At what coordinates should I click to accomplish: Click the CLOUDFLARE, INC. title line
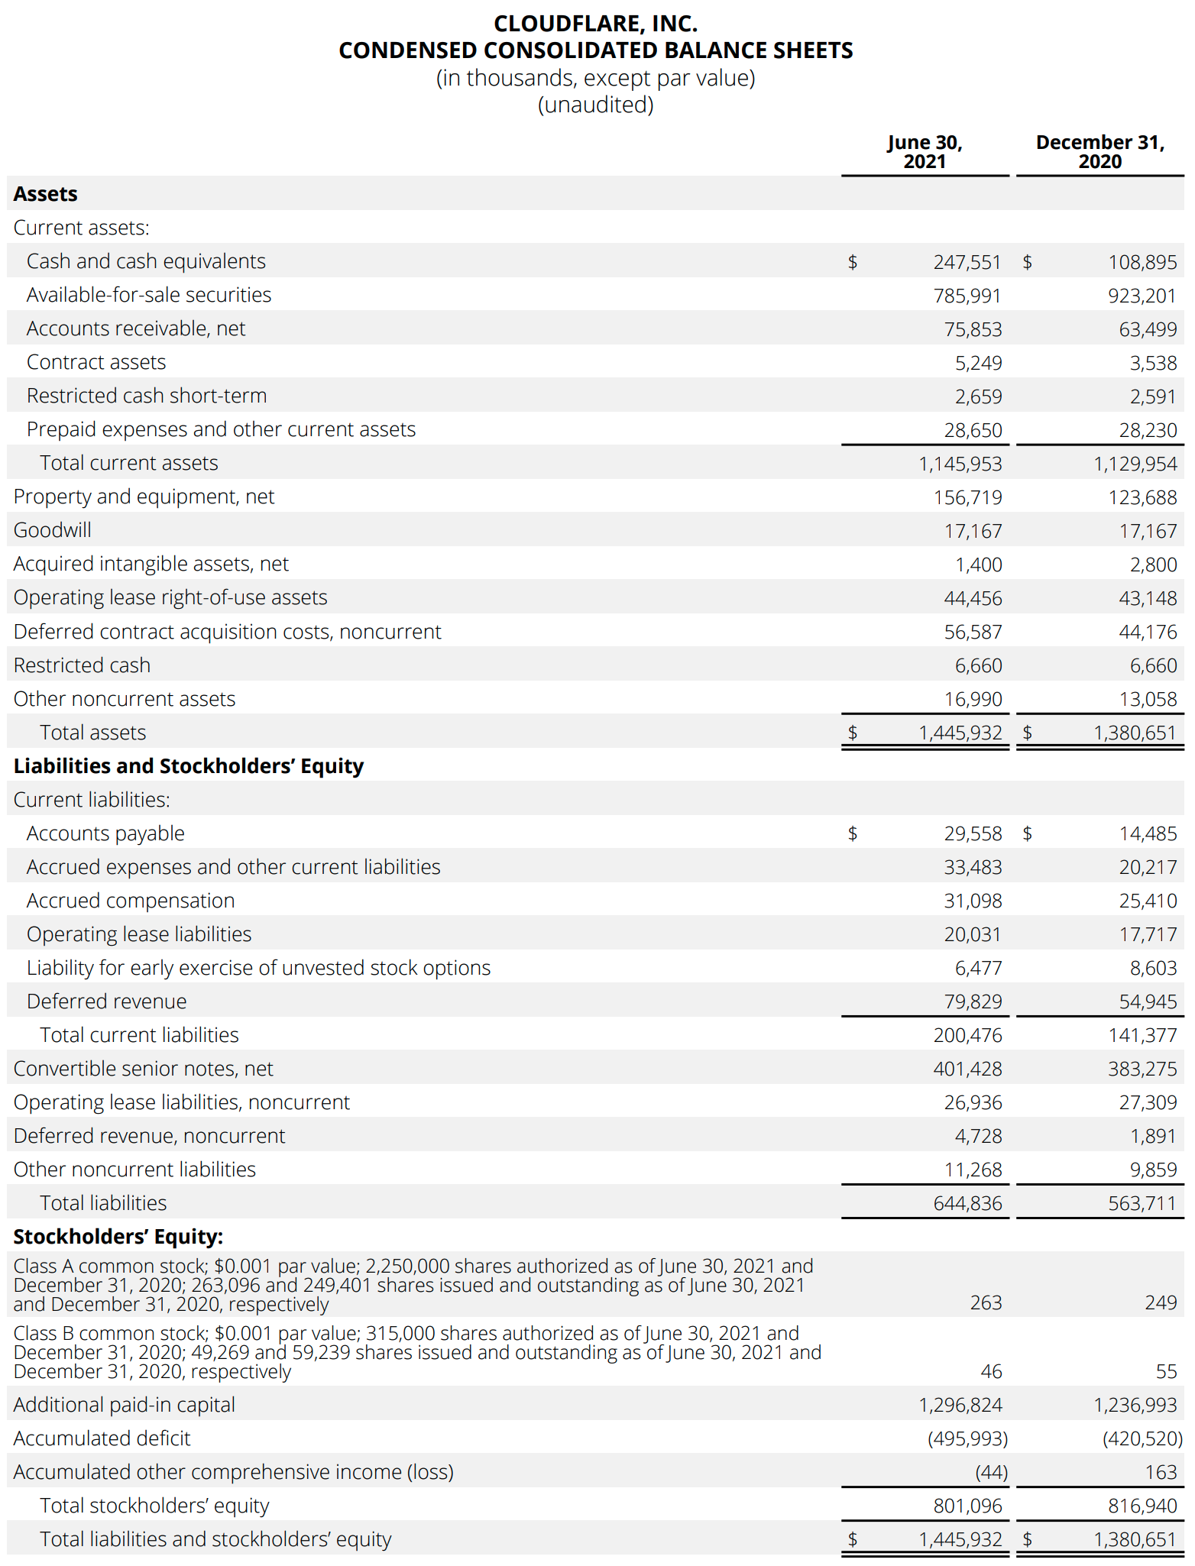[595, 24]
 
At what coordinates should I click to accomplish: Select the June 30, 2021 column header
[925, 152]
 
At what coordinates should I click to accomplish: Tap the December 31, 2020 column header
[1099, 152]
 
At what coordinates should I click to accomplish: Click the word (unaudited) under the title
[595, 105]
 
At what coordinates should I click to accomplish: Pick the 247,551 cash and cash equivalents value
[967, 262]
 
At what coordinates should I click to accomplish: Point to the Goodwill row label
[52, 530]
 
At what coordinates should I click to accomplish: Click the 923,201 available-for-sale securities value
[1142, 296]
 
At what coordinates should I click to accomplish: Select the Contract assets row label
[96, 362]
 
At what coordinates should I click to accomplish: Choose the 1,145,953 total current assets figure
[960, 464]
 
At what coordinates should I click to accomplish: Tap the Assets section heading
[45, 194]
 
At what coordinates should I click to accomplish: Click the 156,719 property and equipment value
[967, 497]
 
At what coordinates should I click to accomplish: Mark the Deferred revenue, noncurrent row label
[149, 1136]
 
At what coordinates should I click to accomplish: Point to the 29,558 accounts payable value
[973, 833]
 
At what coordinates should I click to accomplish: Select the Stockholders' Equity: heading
[118, 1237]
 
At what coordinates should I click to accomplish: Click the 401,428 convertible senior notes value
[967, 1069]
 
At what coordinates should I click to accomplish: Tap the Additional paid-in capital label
[124, 1405]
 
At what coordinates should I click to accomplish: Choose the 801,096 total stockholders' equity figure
[967, 1506]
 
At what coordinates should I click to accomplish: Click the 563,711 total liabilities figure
[1142, 1203]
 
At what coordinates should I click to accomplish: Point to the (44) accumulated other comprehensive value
[991, 1472]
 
